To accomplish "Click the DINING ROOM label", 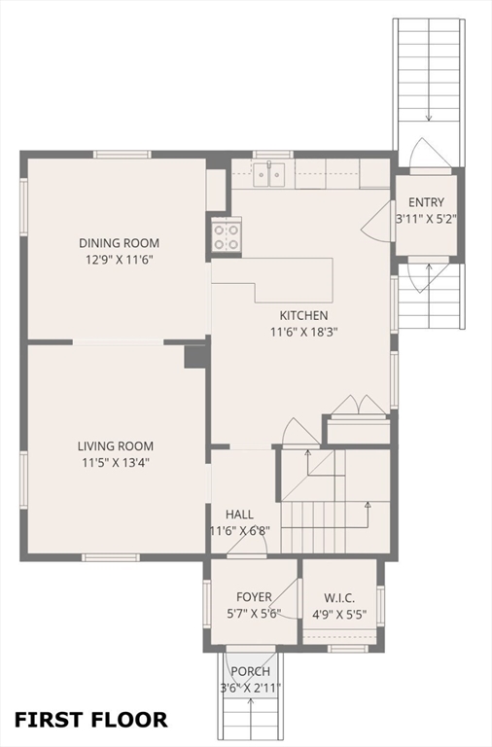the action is (119, 243).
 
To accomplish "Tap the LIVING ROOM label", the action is (116, 446).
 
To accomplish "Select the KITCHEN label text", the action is (303, 315).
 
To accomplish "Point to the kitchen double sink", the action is (269, 174).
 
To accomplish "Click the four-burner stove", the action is (226, 236).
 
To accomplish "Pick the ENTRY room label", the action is (426, 202).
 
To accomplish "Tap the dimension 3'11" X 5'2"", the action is (426, 219).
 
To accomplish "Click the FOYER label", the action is (254, 597).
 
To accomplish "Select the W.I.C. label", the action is (339, 598).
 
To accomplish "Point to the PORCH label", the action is (251, 671).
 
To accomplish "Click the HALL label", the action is (239, 515).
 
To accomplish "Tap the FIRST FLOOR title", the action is (91, 720).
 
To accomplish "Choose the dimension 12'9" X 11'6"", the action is (119, 260).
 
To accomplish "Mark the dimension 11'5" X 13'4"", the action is (116, 463).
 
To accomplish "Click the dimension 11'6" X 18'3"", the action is (304, 332).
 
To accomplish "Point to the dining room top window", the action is (122, 155).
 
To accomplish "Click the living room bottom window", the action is (111, 557).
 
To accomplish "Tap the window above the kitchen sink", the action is (273, 155).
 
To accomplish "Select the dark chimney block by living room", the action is (195, 356).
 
